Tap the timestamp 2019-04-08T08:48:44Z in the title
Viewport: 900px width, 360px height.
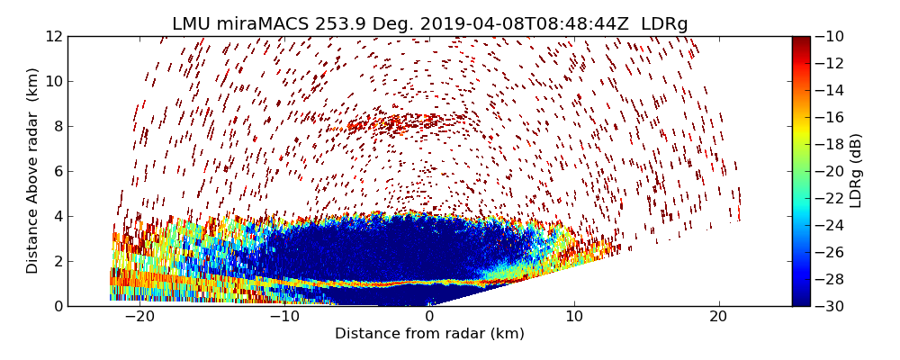tap(517, 24)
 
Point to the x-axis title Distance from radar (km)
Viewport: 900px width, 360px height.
tap(429, 334)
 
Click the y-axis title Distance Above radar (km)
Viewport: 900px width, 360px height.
tap(33, 171)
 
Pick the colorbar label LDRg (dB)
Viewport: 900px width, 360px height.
tap(856, 171)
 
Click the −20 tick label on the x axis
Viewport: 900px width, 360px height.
tap(139, 317)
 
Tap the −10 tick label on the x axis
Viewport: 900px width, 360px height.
tap(284, 317)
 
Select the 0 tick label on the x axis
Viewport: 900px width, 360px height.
tap(429, 317)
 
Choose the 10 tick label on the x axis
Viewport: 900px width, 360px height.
tap(574, 317)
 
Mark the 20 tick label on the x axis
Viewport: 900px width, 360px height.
tap(718, 317)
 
